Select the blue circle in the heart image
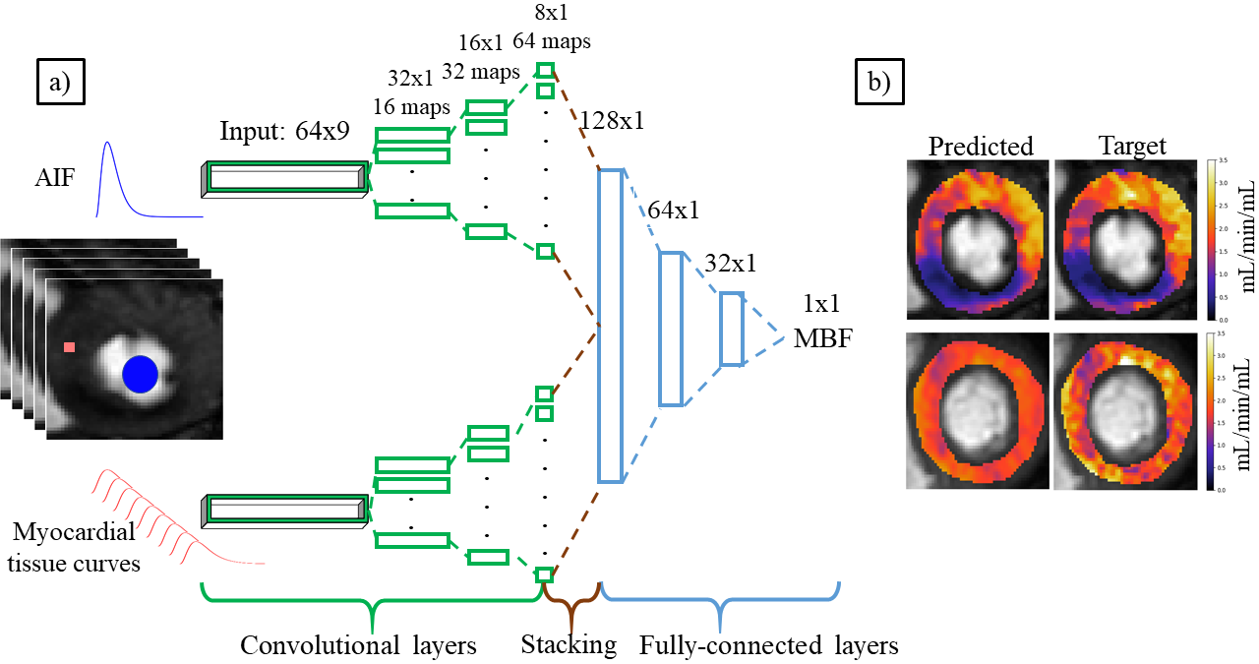click(x=141, y=374)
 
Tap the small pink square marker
click(x=69, y=346)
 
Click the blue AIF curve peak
click(x=109, y=145)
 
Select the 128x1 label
click(x=612, y=121)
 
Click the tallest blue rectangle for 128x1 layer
click(x=610, y=326)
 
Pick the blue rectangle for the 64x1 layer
click(x=670, y=329)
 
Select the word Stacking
click(x=569, y=645)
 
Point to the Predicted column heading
click(x=981, y=146)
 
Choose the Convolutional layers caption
click(x=359, y=645)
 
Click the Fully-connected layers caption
click(x=768, y=645)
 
